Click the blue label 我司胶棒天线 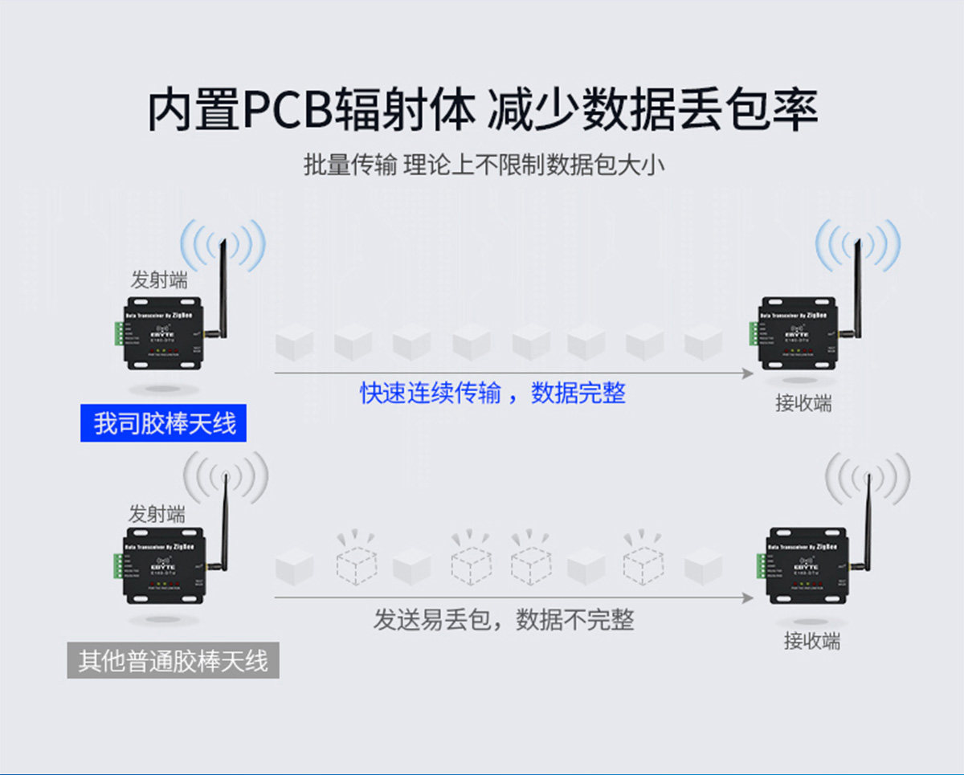tap(164, 423)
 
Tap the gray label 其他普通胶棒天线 tap(173, 662)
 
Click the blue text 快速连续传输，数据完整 tap(492, 394)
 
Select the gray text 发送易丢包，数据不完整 tap(504, 619)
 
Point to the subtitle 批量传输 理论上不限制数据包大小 tap(484, 165)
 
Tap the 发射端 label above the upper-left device tap(159, 280)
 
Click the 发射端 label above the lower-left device tap(157, 515)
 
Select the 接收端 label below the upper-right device tap(803, 403)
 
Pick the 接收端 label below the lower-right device tap(812, 641)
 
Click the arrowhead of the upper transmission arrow tap(747, 373)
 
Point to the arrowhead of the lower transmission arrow tap(747, 598)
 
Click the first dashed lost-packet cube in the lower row tap(356, 562)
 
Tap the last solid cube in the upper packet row tap(704, 344)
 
